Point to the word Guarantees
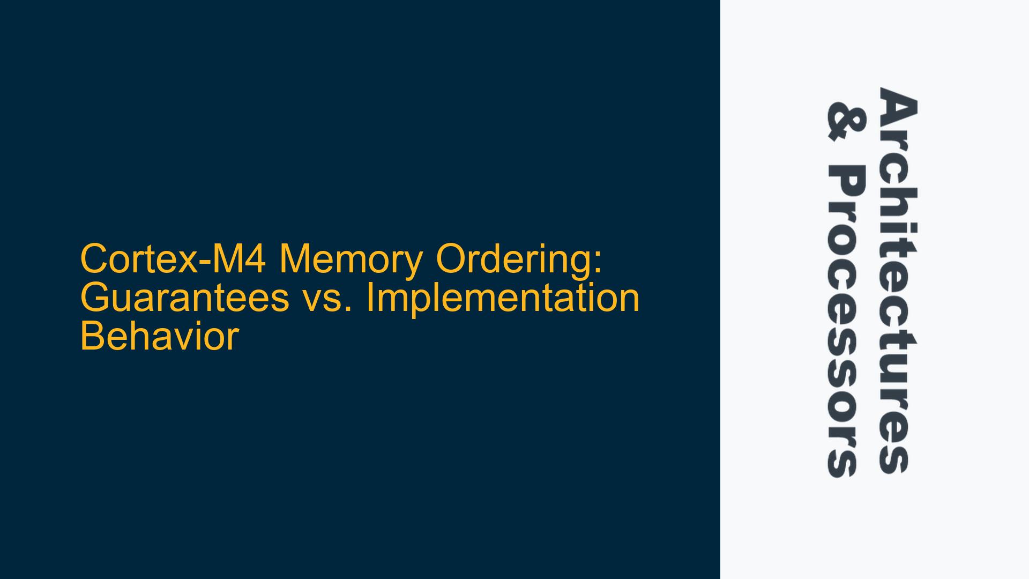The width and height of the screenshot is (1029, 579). [x=185, y=299]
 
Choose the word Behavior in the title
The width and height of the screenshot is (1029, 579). [x=159, y=337]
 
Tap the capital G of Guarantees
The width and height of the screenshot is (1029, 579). [x=95, y=299]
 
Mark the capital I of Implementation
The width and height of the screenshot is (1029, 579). [x=370, y=299]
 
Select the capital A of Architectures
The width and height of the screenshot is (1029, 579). [x=897, y=106]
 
